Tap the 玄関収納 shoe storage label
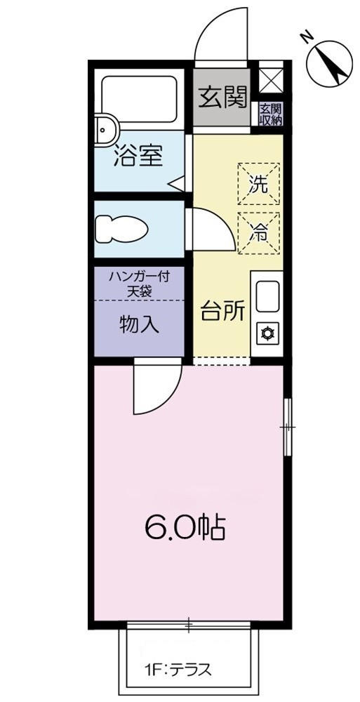(270, 114)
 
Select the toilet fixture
(121, 228)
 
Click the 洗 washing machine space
(258, 184)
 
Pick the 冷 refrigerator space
(258, 232)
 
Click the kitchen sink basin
(267, 297)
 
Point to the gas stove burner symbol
(267, 333)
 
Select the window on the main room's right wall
(287, 426)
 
